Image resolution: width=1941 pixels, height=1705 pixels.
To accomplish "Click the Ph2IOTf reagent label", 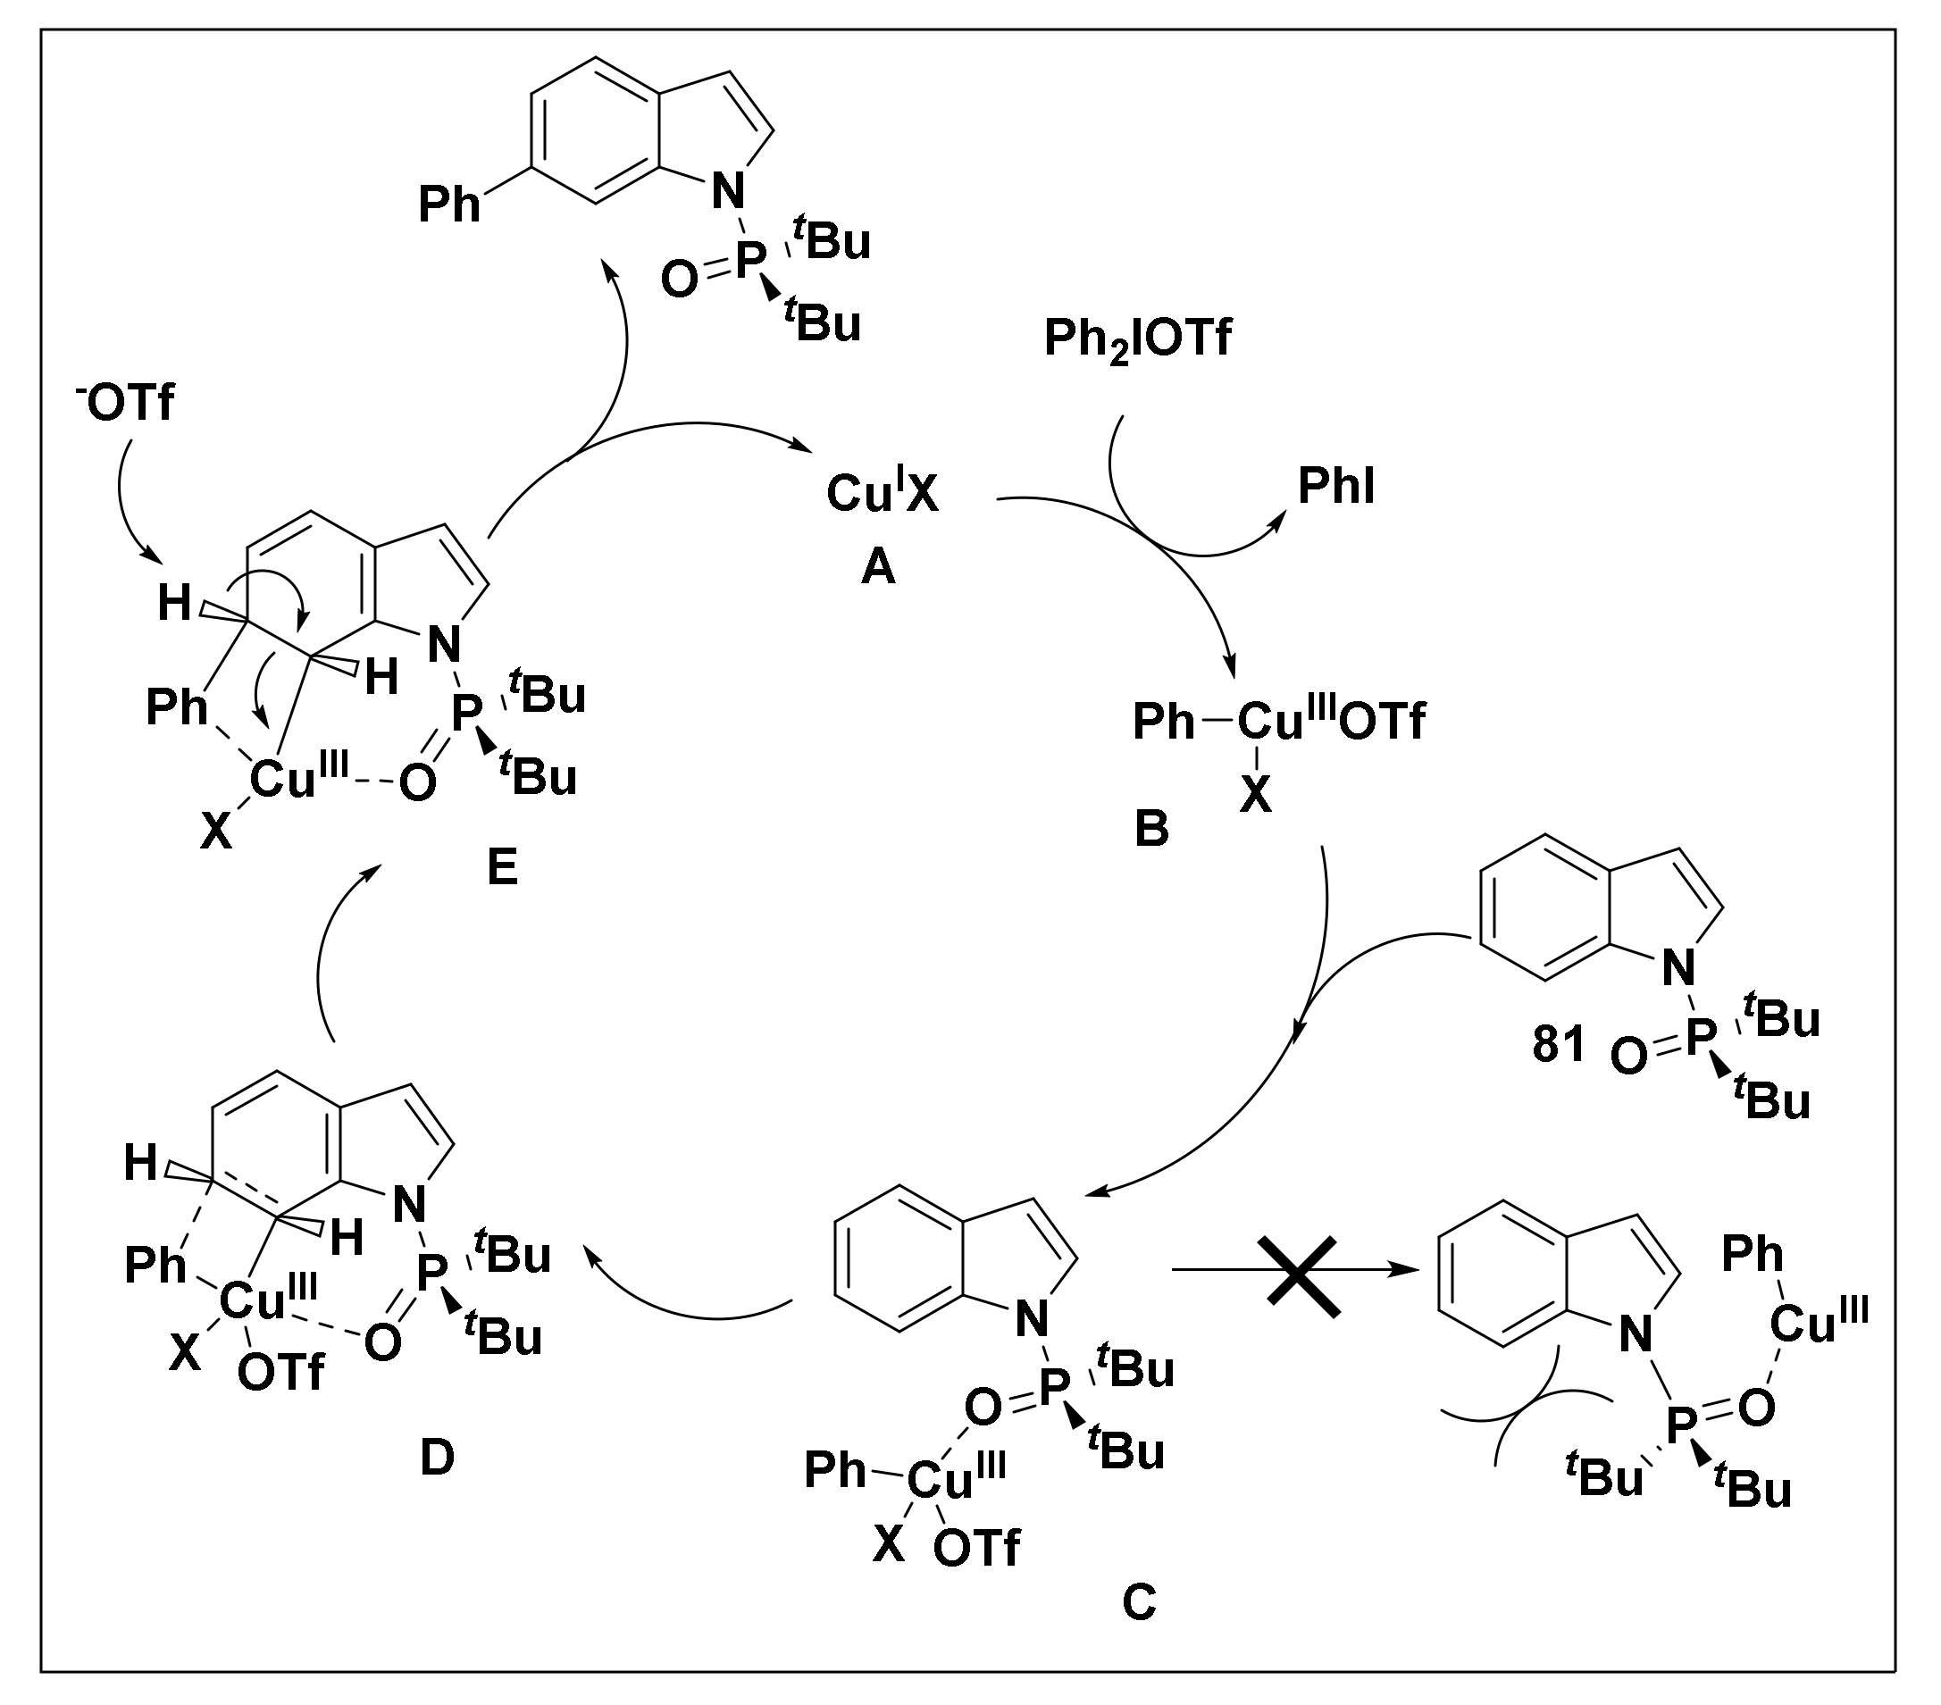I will [1137, 338].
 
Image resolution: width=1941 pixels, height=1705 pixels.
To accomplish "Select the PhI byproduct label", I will [1336, 487].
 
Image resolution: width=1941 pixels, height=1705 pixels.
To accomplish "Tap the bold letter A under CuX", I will [878, 568].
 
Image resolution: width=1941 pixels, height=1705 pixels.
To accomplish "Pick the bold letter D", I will [437, 1458].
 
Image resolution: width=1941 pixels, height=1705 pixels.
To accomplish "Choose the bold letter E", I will [502, 865].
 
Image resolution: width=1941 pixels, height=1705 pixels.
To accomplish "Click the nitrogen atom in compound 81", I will [1678, 968].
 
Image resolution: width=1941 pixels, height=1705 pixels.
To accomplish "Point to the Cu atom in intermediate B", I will [1270, 722].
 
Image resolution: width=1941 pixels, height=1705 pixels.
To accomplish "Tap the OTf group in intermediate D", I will [281, 1373].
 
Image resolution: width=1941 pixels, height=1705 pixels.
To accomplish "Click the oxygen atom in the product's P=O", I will [679, 280].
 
